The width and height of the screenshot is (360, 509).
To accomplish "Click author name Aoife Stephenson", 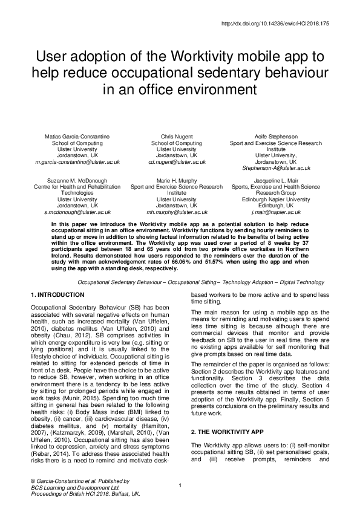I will [276, 137].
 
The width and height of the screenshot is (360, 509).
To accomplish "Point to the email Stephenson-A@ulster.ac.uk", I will [276, 168].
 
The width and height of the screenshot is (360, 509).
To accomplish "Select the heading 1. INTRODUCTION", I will [57, 294].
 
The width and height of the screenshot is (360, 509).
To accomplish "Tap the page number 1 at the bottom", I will [180, 485].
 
